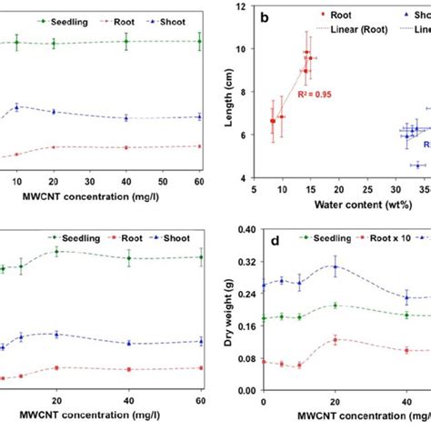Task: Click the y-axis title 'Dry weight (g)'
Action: point(225,308)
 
